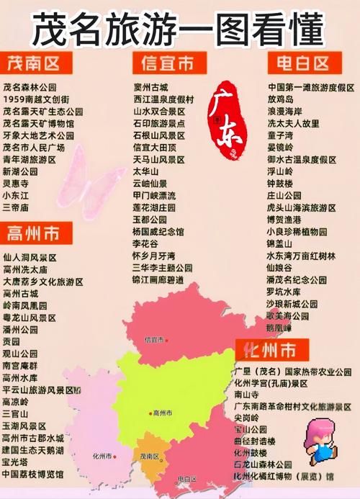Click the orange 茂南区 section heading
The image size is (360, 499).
point(33,63)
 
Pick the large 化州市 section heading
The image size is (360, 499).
point(270,351)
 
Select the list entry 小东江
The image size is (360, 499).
point(16,195)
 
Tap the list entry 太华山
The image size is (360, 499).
point(146,171)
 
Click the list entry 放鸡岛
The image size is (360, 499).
point(282,99)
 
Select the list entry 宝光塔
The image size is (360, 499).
point(16,462)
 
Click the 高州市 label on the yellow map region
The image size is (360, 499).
point(162,413)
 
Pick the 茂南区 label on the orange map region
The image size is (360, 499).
point(150,457)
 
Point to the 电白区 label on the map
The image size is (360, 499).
point(186,478)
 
